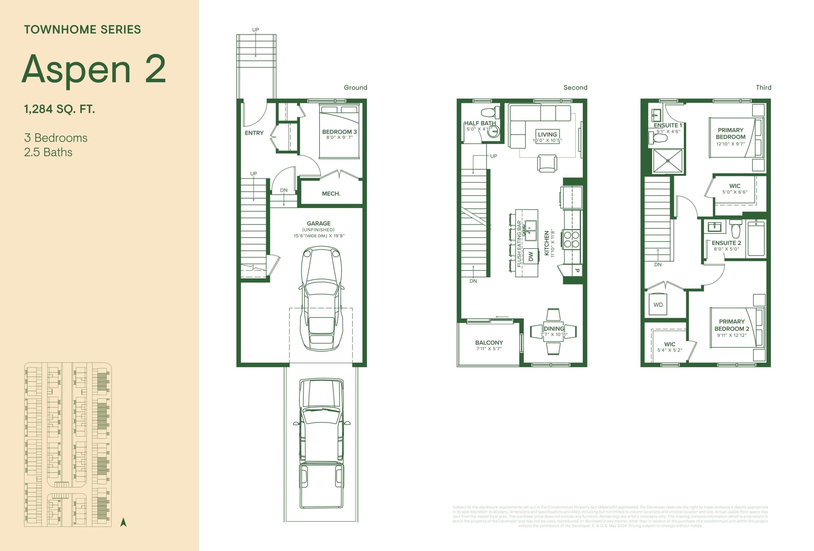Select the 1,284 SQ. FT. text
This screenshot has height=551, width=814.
point(59,109)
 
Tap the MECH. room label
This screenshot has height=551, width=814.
point(331,193)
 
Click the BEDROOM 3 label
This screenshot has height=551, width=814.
point(339,132)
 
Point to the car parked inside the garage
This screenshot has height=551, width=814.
point(321,298)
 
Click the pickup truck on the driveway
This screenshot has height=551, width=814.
point(321,443)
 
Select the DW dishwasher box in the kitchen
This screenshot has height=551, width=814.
point(531,256)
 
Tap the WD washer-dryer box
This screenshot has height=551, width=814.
point(658,304)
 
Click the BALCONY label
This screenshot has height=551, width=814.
point(489,342)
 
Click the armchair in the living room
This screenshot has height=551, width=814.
point(547,163)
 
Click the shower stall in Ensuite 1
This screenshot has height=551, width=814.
point(668,161)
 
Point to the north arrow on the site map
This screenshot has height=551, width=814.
point(123,522)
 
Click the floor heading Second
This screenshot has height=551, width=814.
point(575,87)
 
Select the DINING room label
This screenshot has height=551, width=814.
point(554,328)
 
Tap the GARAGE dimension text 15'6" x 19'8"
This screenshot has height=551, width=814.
point(319,236)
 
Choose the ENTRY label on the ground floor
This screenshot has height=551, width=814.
point(254,133)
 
